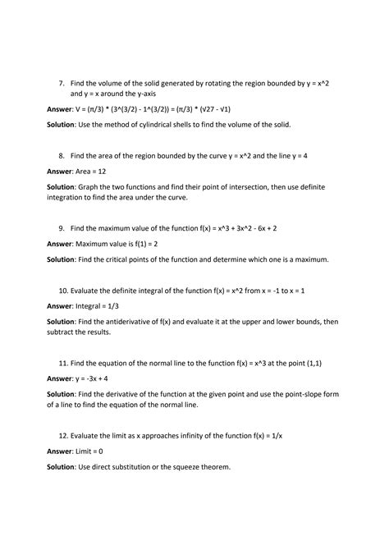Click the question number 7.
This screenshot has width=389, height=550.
[x=62, y=83]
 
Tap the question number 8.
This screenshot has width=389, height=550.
[x=62, y=154]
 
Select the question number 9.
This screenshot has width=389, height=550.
[x=62, y=227]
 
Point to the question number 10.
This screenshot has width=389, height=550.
[x=63, y=290]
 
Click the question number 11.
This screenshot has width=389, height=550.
[x=63, y=362]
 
